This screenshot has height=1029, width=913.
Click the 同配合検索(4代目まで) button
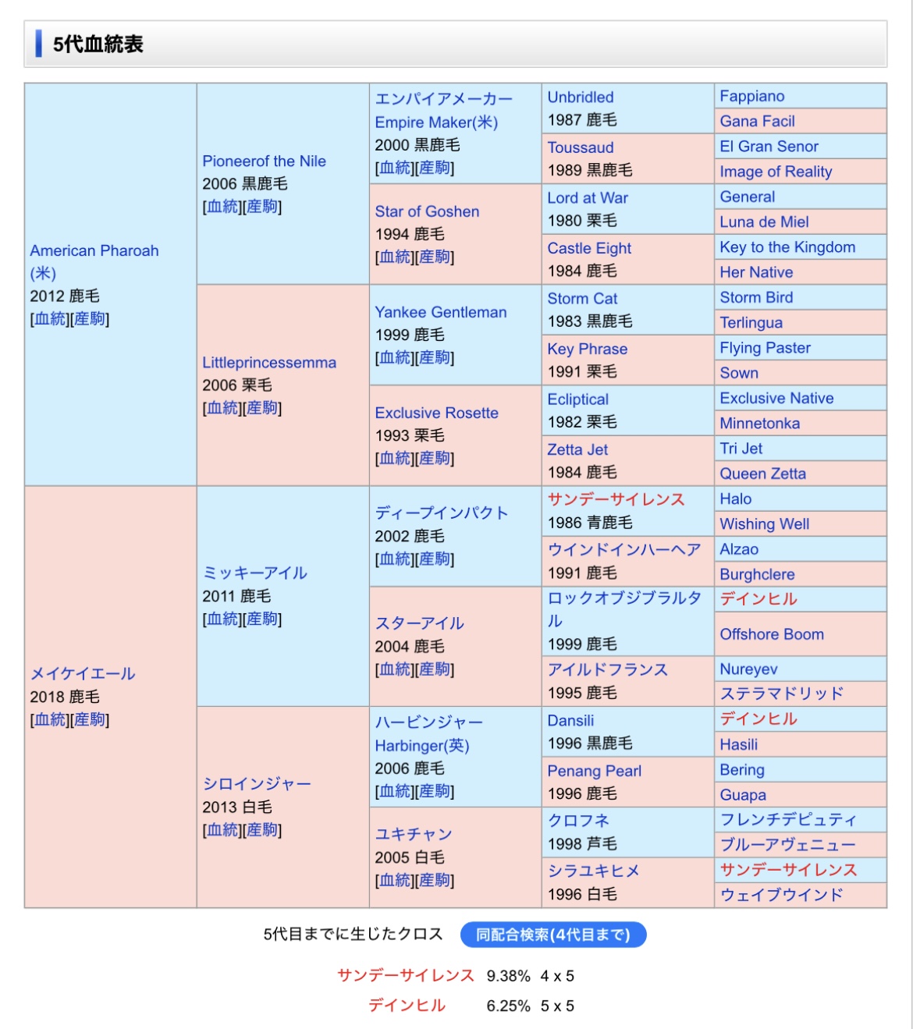coord(552,935)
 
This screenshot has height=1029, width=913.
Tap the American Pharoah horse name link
coord(94,251)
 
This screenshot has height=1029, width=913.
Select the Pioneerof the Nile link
coord(264,161)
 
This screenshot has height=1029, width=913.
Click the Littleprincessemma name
coord(269,363)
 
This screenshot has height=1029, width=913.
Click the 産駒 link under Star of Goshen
coord(435,257)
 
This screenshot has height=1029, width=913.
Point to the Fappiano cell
coord(752,97)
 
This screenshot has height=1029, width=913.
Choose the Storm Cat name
coord(582,299)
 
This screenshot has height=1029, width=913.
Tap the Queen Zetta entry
coord(762,474)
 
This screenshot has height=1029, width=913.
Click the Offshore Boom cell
coord(772,634)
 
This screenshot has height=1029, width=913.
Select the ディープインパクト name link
coord(442,513)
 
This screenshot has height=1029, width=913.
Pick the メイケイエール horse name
coord(83,674)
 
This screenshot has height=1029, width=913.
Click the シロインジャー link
coord(257,784)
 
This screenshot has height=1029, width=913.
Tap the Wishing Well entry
coord(764,524)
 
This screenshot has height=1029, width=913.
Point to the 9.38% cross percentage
coord(508,976)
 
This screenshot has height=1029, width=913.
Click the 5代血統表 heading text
coord(98,44)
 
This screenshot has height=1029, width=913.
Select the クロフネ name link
coord(578,821)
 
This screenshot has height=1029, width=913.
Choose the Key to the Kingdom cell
coord(787,247)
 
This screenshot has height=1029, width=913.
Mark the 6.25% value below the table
coord(508,1006)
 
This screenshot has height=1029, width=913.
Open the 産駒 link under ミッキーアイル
coord(262,619)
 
